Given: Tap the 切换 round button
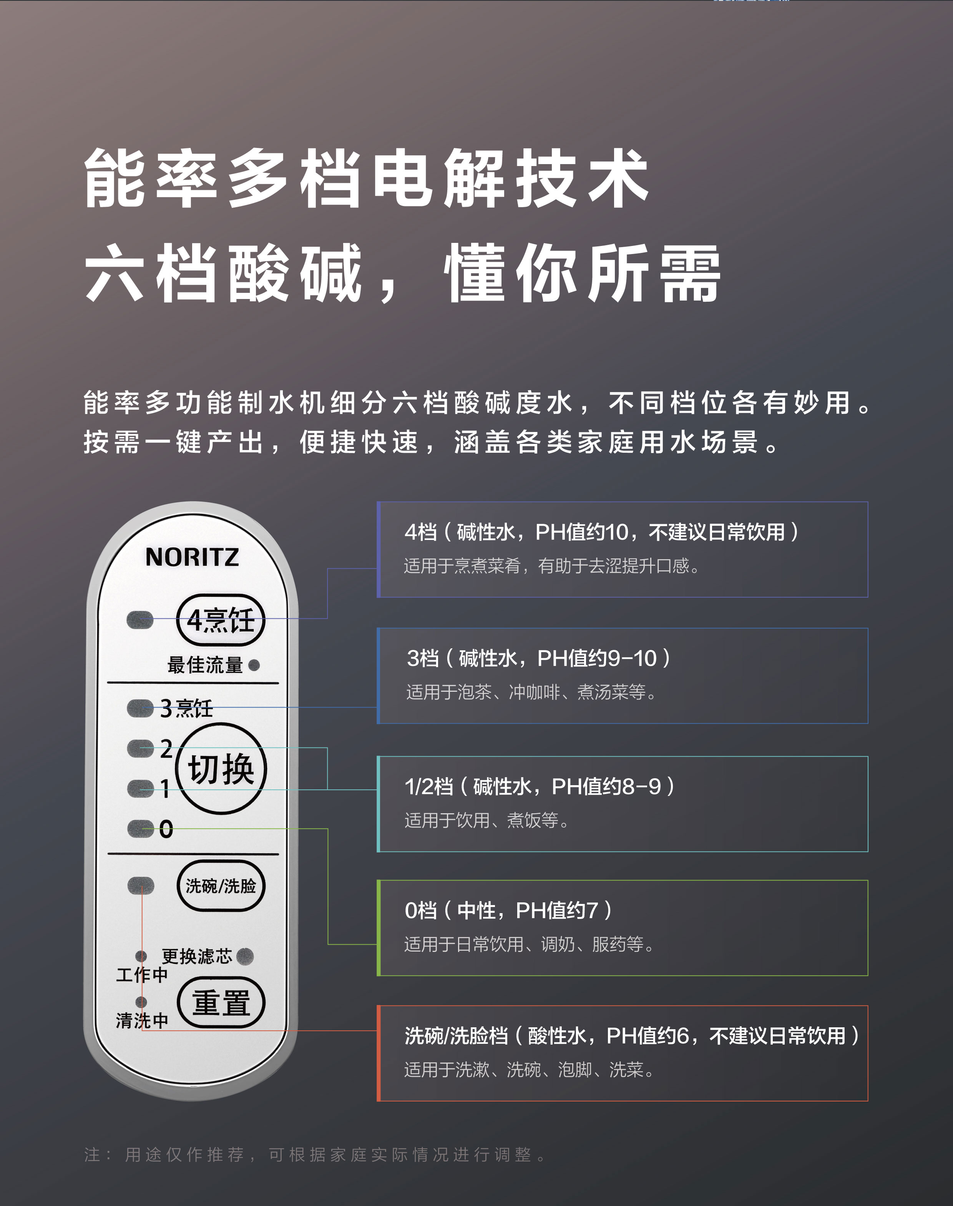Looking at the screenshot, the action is tap(221, 769).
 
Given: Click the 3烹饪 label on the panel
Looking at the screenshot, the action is tap(186, 708).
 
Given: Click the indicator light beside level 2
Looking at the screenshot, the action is tap(140, 748).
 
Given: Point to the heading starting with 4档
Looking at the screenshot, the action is tap(602, 532).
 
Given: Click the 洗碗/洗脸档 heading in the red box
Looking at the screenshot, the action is tap(632, 1036).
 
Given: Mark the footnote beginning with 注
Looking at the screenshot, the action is tap(315, 1155).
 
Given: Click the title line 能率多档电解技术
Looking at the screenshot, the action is tap(367, 179).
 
